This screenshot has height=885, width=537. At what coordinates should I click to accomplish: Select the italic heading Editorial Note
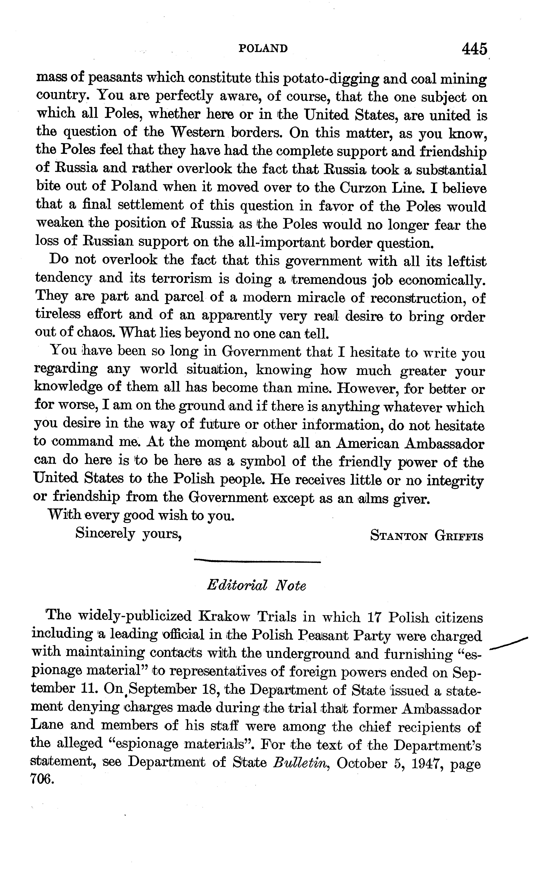pos(256,586)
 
